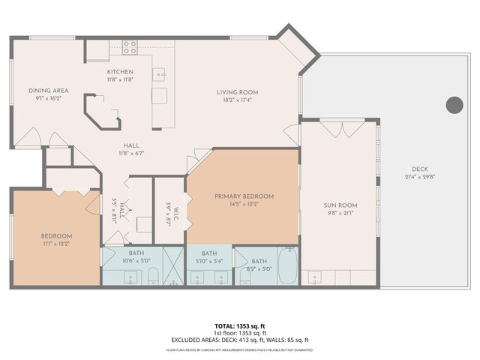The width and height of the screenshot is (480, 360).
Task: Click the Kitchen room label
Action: pyautogui.click(x=120, y=71)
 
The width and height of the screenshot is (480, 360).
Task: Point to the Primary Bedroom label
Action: pyautogui.click(x=244, y=196)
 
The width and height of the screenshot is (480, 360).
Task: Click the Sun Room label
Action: pyautogui.click(x=341, y=205)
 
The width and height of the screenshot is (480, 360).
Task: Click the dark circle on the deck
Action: pyautogui.click(x=454, y=105)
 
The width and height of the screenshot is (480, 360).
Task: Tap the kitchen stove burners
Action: pyautogui.click(x=130, y=47)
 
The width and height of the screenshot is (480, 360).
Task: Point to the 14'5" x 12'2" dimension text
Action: pyautogui.click(x=244, y=204)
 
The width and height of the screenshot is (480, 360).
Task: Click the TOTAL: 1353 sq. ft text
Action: pyautogui.click(x=240, y=326)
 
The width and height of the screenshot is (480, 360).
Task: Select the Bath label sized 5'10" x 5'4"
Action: pyautogui.click(x=209, y=253)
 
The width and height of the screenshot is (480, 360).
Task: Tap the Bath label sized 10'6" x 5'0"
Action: pyautogui.click(x=136, y=253)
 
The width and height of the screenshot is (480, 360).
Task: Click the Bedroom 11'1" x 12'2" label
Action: pyautogui.click(x=56, y=235)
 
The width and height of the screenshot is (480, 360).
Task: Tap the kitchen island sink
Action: pyautogui.click(x=159, y=74)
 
